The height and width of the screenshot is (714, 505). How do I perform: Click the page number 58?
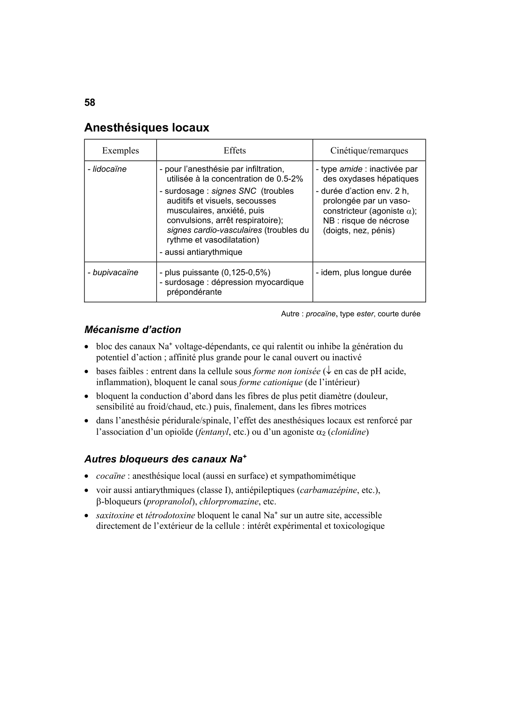(x=90, y=103)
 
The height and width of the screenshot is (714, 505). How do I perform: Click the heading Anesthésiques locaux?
(x=146, y=127)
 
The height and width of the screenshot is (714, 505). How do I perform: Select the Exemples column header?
(x=120, y=151)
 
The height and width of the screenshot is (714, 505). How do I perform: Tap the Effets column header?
(x=234, y=151)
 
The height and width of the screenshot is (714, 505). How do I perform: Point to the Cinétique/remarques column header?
(x=369, y=151)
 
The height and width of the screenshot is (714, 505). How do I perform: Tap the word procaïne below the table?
(x=321, y=314)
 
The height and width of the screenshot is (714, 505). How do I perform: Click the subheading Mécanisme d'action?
(x=133, y=330)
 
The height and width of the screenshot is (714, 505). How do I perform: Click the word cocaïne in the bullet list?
(x=110, y=476)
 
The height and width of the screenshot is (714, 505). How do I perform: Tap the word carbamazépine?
(x=328, y=490)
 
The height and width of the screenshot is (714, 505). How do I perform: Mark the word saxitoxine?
(x=115, y=515)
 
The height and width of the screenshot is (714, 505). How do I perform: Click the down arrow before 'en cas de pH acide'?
(x=328, y=371)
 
